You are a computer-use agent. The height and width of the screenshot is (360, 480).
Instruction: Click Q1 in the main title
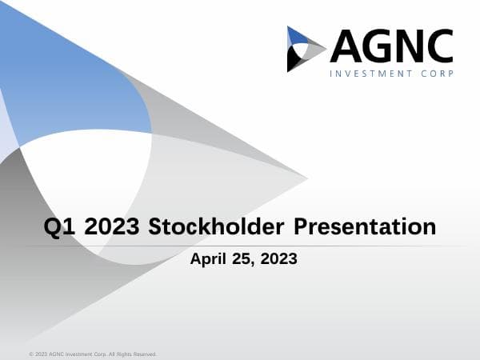point(59,226)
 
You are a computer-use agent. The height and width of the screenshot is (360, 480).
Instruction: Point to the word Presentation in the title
point(365,227)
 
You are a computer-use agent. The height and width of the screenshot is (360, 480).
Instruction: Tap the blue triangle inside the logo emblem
point(297,36)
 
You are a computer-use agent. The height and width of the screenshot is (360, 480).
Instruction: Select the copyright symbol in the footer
point(30,354)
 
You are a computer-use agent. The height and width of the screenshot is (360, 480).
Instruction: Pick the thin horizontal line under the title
point(240,246)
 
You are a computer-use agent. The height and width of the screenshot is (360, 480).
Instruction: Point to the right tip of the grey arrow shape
point(306,177)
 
